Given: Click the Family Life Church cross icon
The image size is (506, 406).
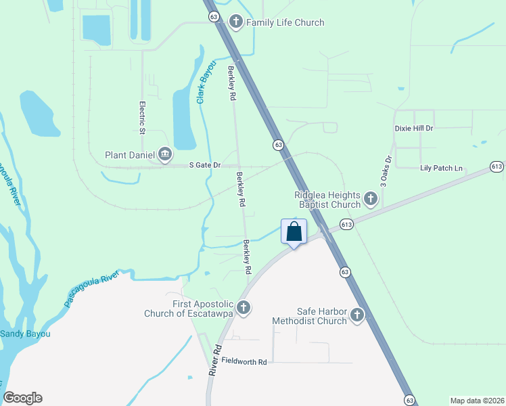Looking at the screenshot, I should pyautogui.click(x=236, y=22).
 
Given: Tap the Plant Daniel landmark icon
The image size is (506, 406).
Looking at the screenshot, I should pyautogui.click(x=164, y=155).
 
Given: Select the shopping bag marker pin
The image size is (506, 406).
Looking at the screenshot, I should pyautogui.click(x=294, y=232).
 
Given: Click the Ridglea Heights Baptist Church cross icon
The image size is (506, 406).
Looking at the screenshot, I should pyautogui.click(x=370, y=199).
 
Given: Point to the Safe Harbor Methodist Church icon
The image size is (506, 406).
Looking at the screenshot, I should pyautogui.click(x=356, y=315).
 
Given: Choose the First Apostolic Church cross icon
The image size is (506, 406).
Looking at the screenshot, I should pyautogui.click(x=244, y=308).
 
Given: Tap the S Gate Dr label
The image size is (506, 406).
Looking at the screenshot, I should pyautogui.click(x=205, y=164).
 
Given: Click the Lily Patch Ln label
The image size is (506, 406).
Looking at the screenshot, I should pyautogui.click(x=441, y=168).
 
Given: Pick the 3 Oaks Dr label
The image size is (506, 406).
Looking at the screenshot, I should pyautogui.click(x=386, y=172).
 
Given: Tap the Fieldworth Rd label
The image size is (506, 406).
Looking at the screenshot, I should pyautogui.click(x=244, y=362).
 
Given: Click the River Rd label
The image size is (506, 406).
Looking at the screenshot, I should pyautogui.click(x=215, y=361).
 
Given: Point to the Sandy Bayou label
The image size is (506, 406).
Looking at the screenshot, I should pyautogui.click(x=25, y=334).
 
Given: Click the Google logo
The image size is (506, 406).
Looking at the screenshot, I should pyautogui.click(x=23, y=398).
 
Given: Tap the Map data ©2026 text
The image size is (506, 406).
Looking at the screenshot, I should pyautogui.click(x=477, y=401).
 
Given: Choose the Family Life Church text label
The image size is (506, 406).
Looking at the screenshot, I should pyautogui.click(x=285, y=22).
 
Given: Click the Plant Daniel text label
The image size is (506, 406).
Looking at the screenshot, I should pyautogui.click(x=129, y=155).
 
